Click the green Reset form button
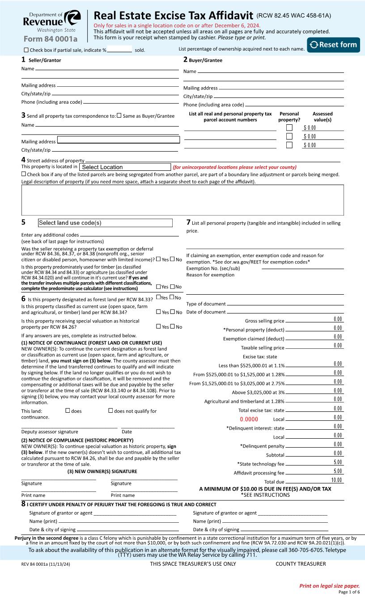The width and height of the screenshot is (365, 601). [333, 45]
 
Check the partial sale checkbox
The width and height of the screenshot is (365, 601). [26, 50]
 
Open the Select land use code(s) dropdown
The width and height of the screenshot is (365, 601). [105, 223]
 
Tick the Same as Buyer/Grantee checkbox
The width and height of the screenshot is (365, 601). [119, 116]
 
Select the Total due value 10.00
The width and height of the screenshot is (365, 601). [336, 480]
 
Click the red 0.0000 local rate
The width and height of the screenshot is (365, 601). [249, 419]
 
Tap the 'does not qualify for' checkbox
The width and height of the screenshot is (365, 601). [110, 411]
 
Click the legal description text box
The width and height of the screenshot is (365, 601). [182, 200]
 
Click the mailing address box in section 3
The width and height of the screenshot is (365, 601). [119, 140]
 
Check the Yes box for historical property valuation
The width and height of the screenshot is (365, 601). [158, 327]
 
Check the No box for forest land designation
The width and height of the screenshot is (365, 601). [172, 298]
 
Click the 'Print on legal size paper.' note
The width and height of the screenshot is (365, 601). [329, 586]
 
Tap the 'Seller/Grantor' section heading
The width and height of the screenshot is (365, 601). [45, 60]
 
